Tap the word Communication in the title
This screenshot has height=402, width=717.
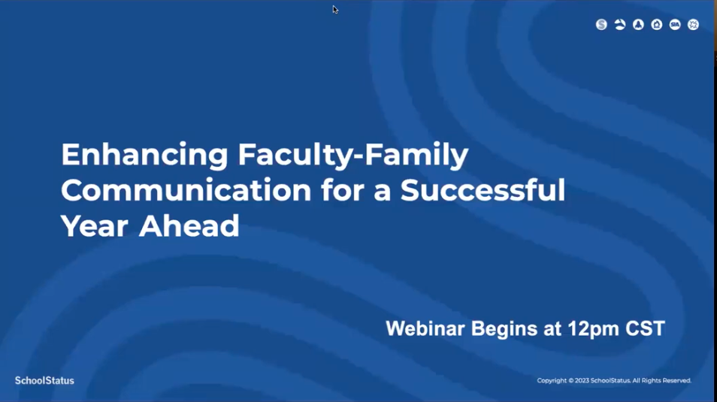tap(186, 189)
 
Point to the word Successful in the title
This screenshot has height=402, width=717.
tap(483, 189)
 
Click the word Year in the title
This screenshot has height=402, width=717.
tap(95, 225)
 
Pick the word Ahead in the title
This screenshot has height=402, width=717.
tap(189, 225)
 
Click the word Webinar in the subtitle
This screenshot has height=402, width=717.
tap(425, 328)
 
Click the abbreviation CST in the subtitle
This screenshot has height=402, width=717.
tap(645, 328)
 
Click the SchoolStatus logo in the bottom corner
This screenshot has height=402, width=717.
tap(44, 380)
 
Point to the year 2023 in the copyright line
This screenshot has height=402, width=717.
tap(582, 380)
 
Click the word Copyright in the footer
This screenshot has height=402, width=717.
tap(552, 380)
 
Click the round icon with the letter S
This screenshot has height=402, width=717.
tap(601, 25)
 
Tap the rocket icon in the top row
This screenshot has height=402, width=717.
tap(638, 25)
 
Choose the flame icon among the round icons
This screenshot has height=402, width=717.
tap(657, 25)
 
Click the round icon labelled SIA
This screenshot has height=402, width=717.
tap(675, 25)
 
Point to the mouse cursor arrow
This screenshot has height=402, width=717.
tap(335, 10)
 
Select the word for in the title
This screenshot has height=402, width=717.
tap(343, 189)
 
